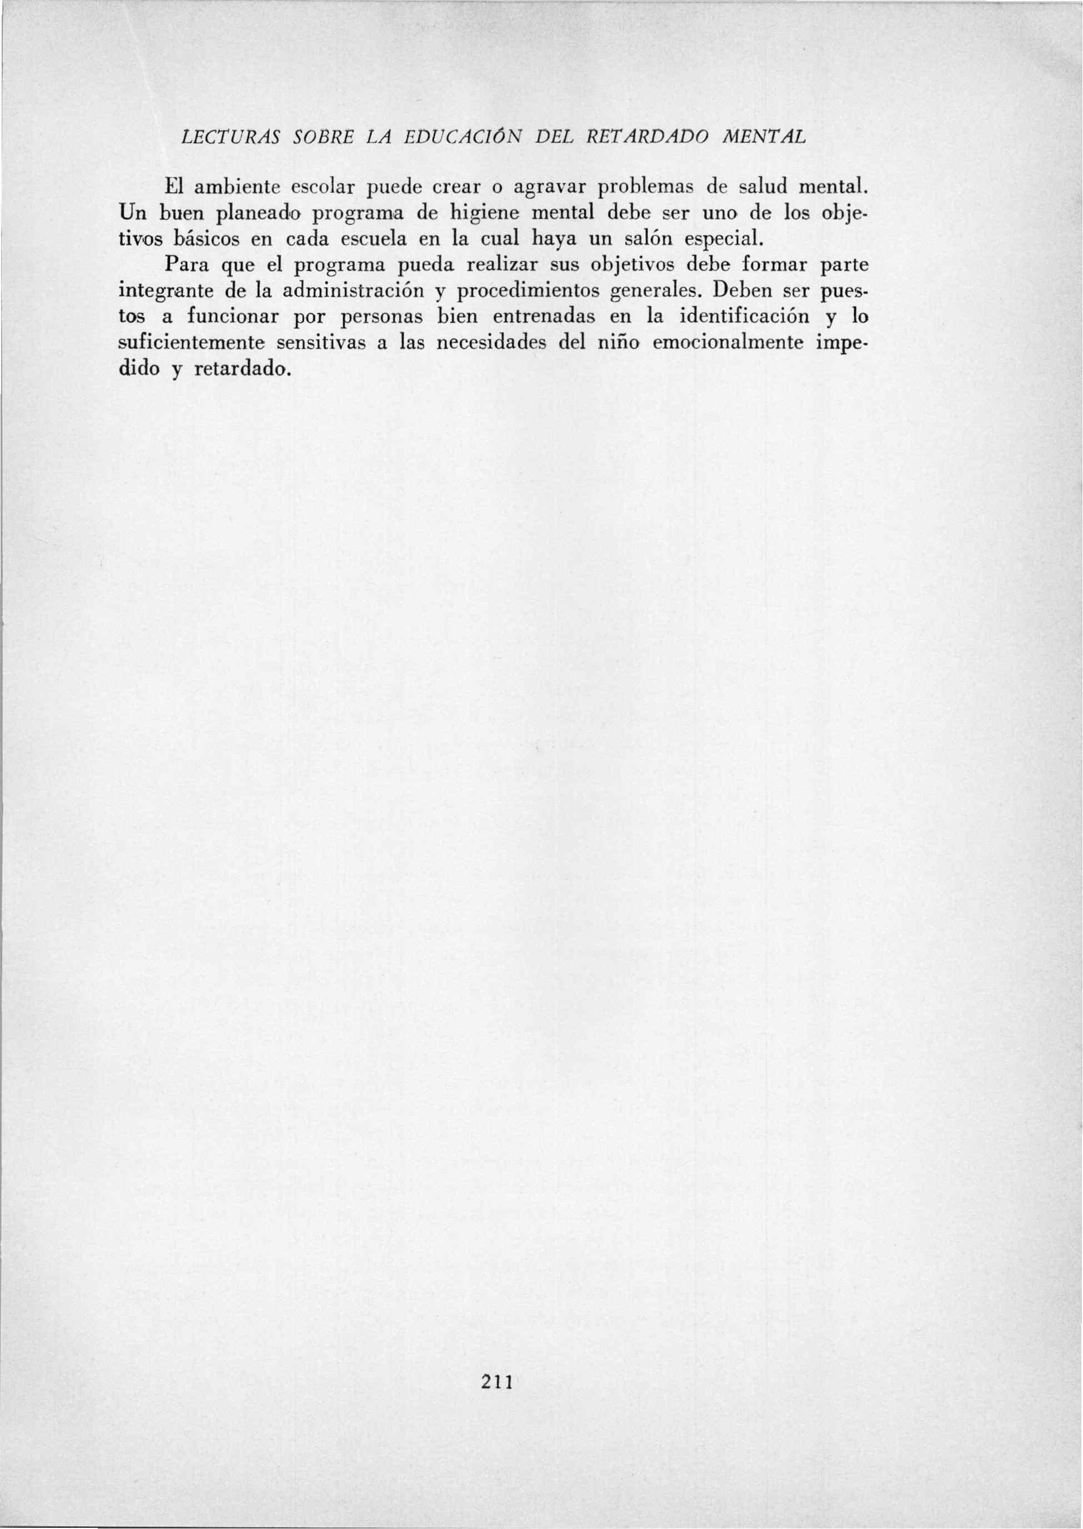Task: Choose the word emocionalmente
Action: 730,343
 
